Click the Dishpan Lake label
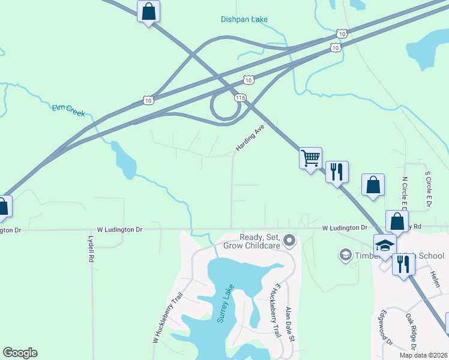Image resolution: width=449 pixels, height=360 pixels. click(243, 19)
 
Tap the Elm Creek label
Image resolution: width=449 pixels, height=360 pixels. click(68, 109)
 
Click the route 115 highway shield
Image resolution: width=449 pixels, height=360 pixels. click(241, 97)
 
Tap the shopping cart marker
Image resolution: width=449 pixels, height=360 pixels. click(310, 158)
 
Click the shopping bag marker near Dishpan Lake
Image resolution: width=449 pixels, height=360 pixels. click(148, 11)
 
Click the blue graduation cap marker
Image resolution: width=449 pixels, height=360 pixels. click(385, 245)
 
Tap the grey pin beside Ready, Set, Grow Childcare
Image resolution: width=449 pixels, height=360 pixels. click(290, 241)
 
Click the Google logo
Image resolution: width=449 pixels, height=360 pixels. click(20, 353)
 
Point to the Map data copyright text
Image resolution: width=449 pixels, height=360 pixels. click(423, 355)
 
